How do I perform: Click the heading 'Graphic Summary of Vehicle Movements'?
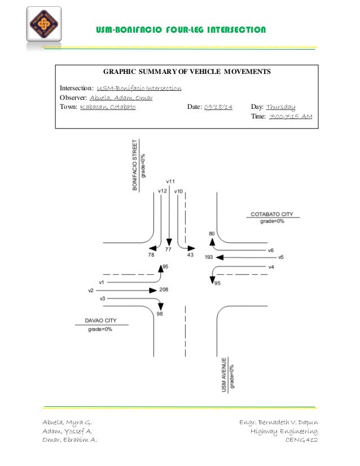186,72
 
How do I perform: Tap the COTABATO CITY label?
272,214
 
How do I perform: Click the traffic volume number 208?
164,289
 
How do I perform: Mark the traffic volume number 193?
208,257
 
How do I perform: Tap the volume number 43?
190,256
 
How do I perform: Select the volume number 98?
160,314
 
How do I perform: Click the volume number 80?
212,233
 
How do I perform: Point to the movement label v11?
170,182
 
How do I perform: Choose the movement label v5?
280,257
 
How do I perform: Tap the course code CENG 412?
301,441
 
